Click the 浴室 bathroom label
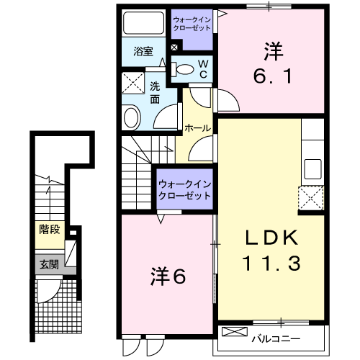point(144,52)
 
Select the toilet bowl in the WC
point(186,70)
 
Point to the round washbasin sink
point(132,117)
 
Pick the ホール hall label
point(198,128)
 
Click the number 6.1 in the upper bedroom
point(273,76)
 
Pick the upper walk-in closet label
point(192,23)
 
